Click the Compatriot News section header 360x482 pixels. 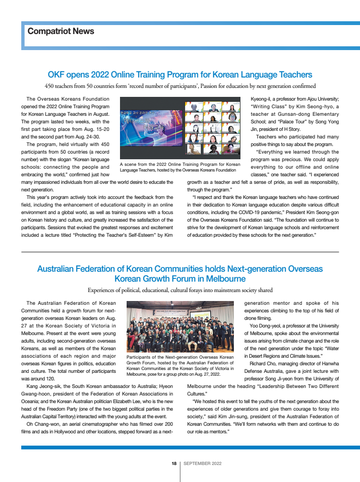(61, 32)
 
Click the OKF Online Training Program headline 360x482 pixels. (180, 75)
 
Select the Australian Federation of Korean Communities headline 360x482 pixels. (180, 274)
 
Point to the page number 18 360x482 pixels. (174, 464)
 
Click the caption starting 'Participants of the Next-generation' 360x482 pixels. (180, 365)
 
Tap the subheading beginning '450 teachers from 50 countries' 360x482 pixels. (180, 86)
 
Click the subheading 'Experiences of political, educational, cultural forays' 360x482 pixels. (180, 290)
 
